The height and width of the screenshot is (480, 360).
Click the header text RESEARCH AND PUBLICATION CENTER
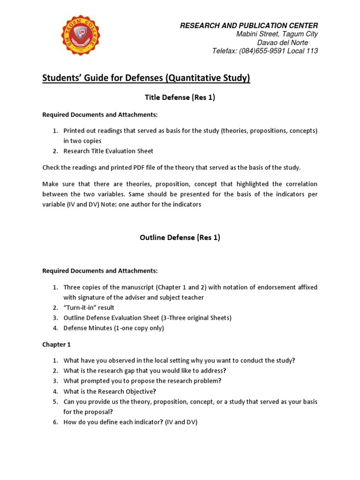pyautogui.click(x=249, y=25)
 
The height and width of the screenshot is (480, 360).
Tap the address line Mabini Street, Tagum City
pyautogui.click(x=277, y=34)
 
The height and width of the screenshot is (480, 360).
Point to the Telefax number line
pyautogui.click(x=265, y=51)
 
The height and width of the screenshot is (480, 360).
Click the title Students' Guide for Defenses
pyautogui.click(x=146, y=78)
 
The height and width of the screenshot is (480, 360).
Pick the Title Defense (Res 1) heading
pyautogui.click(x=180, y=97)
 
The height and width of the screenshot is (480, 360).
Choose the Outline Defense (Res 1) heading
pyautogui.click(x=180, y=237)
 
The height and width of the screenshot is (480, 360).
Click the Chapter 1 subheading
pyautogui.click(x=56, y=345)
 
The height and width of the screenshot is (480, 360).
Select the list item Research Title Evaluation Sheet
pyautogui.click(x=108, y=151)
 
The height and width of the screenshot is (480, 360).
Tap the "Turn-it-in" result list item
pyautogui.click(x=89, y=307)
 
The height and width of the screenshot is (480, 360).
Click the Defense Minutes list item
pyautogui.click(x=113, y=328)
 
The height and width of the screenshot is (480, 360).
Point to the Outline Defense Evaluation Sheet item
pyautogui.click(x=147, y=318)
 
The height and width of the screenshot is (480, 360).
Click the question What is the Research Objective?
pyautogui.click(x=110, y=391)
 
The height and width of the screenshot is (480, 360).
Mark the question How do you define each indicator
pyautogui.click(x=130, y=422)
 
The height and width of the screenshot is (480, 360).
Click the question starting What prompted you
pyautogui.click(x=142, y=381)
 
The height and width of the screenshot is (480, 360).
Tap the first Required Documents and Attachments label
pyautogui.click(x=100, y=115)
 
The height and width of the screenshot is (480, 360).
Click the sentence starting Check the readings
pyautogui.click(x=172, y=168)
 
